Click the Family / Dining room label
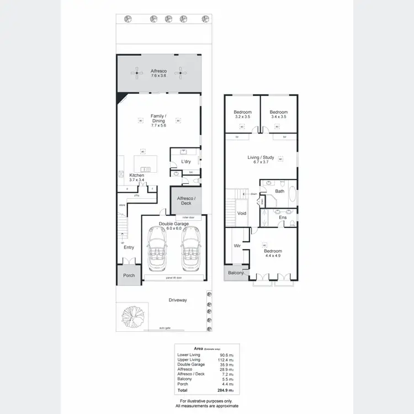pos(159,120)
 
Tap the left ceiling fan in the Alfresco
pos(136,72)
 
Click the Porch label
pos(129,275)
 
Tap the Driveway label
pos(178,300)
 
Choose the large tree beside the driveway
pos(132,317)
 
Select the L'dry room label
pos(186,162)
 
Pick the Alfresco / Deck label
pos(186,200)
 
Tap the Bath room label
pos(280,191)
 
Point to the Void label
pos(242,213)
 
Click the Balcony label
pos(236,273)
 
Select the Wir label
pos(237,246)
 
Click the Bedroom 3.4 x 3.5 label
pos(279,114)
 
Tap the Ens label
pos(283,218)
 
